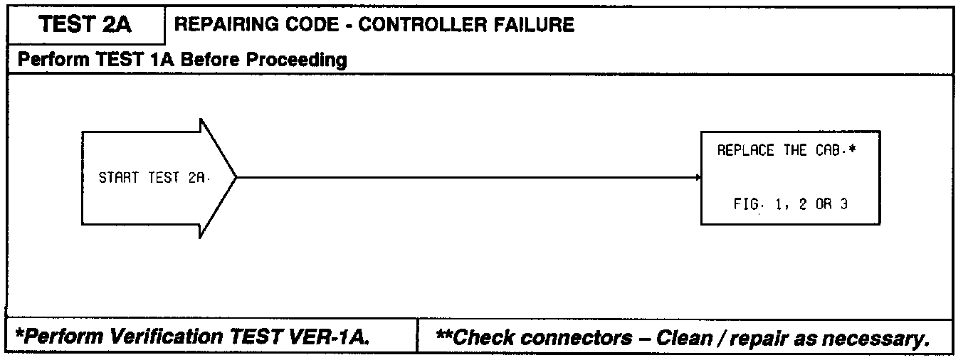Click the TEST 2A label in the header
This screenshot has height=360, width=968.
(85, 26)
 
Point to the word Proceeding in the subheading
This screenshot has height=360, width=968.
(297, 60)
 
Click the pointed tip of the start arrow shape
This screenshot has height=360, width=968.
(236, 177)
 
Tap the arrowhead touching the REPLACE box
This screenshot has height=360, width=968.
(698, 177)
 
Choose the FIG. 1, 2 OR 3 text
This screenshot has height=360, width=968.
(790, 203)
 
